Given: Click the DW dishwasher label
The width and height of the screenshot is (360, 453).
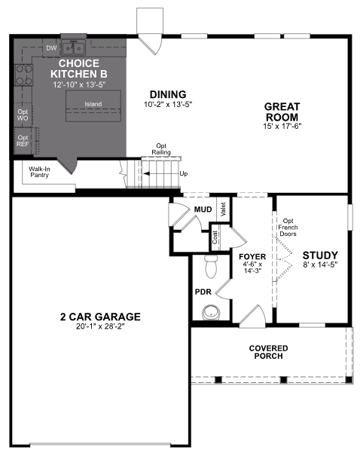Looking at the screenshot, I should point(51,48).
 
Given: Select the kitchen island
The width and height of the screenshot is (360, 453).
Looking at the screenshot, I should point(93,105).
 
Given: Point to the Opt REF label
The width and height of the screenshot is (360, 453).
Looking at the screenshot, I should point(23,141).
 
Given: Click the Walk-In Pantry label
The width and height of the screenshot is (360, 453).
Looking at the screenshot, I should point(40,173).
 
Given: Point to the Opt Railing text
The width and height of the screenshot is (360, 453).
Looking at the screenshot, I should point(161,148).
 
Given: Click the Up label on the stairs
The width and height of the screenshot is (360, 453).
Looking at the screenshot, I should point(183,173).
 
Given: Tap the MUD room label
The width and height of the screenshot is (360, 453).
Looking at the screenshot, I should point(203,209).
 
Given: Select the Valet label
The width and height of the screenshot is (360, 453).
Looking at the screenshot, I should point(224,209).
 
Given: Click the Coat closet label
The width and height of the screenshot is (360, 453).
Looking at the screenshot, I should point(215,237).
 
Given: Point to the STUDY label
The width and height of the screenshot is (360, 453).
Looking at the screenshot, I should point(319,256).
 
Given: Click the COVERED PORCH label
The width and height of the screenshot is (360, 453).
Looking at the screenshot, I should point(269,351).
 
